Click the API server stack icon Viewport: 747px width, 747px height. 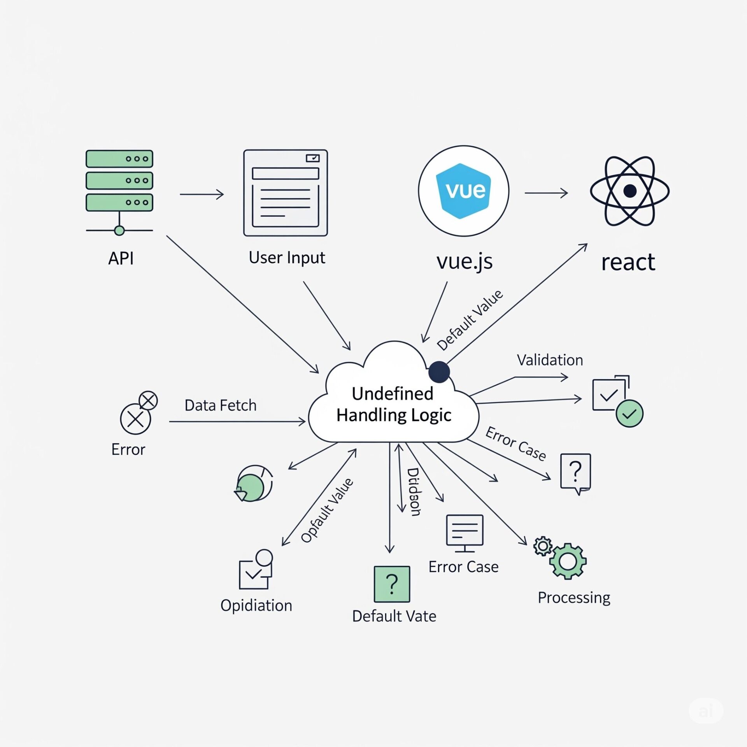119,181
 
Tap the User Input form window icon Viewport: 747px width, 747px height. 285,193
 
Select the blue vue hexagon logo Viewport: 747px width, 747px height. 463,191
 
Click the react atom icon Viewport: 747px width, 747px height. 629,191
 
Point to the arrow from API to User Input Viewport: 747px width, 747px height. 202,194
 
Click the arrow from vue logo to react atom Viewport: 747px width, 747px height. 546,193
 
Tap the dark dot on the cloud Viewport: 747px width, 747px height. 439,372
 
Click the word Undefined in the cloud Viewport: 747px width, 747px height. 392,394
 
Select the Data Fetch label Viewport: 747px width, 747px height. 220,405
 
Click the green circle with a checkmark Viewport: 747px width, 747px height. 629,414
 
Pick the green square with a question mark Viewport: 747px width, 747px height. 392,584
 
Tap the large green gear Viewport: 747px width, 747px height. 568,561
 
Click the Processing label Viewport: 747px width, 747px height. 574,598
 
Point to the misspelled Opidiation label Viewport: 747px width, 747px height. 256,605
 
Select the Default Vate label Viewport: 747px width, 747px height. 394,616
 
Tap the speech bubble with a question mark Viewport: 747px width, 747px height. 575,472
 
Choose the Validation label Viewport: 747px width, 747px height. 550,360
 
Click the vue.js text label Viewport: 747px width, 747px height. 465,261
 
